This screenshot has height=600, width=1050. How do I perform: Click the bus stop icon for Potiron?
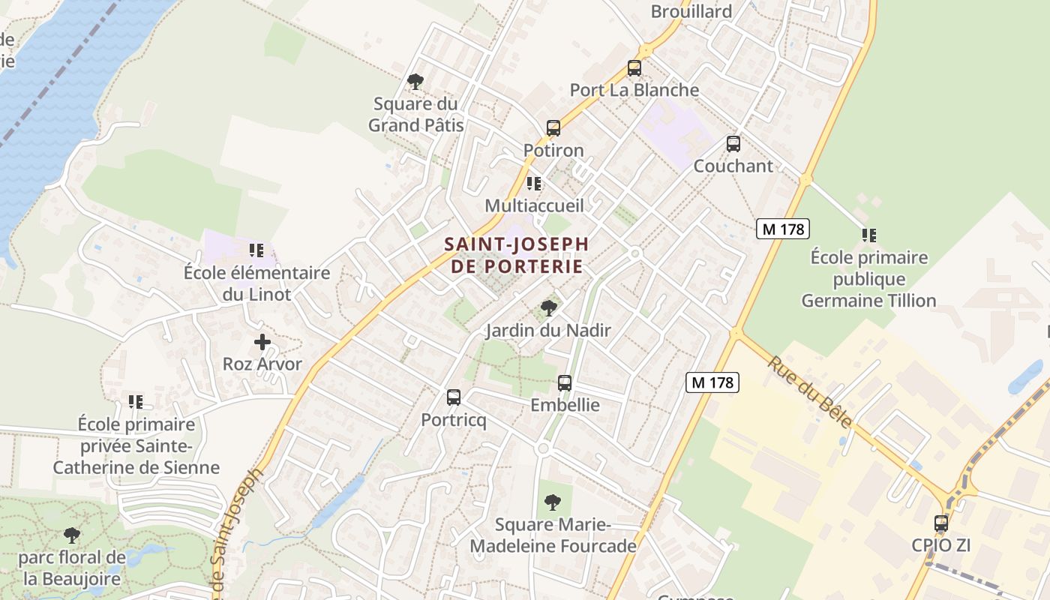553,128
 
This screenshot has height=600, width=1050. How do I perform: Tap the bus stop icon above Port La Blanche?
634,68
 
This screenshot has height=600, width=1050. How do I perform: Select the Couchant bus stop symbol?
733,144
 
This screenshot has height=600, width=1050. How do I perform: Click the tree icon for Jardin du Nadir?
549,307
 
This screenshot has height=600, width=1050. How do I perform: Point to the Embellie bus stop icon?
565,383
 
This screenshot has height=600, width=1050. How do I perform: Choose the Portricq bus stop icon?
454,397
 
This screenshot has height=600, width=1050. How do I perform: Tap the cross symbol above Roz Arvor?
262,342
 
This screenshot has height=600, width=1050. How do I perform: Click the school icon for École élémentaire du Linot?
256,250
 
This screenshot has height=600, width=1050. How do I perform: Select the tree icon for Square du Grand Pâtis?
415,82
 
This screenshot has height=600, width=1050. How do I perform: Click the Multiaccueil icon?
534,184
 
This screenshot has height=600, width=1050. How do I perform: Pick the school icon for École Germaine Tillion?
869,235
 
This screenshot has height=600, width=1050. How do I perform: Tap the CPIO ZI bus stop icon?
941,523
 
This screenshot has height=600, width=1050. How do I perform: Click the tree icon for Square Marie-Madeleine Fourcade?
553,502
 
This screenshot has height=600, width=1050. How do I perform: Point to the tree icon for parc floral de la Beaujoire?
72,535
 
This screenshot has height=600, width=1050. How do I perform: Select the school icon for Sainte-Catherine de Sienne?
136,402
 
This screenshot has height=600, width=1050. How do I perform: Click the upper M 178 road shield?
782,229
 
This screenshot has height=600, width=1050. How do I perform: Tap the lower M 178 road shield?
712,382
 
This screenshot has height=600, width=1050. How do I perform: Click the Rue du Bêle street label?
809,392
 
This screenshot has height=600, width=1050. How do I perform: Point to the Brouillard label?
691,11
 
